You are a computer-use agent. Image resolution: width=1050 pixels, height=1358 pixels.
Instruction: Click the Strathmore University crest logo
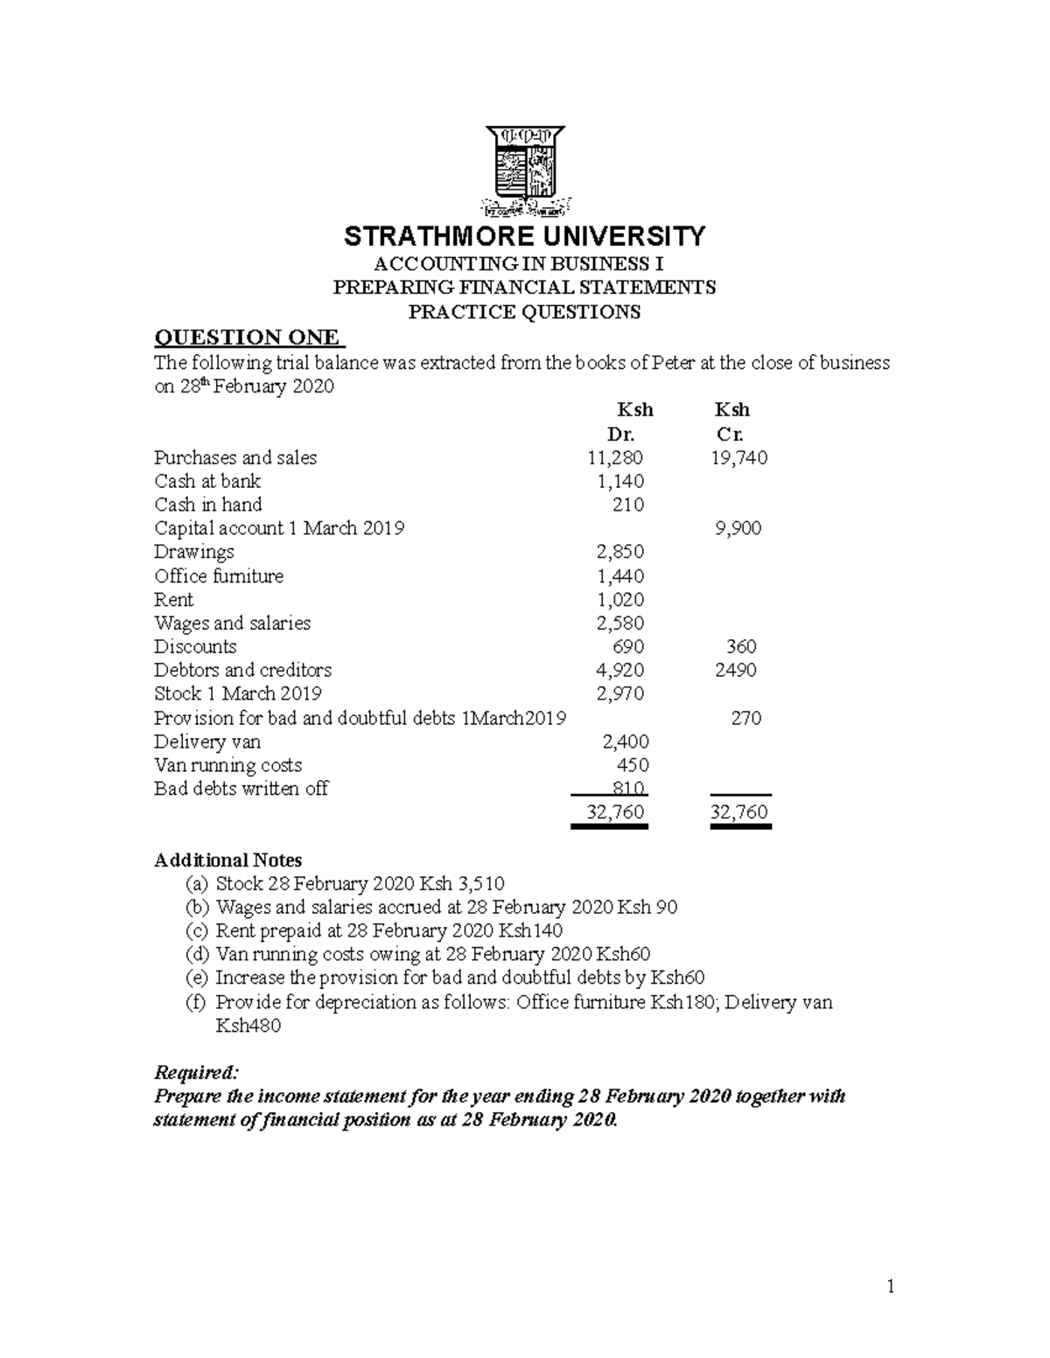click(525, 171)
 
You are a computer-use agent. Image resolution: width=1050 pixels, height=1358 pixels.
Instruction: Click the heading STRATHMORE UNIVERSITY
click(524, 236)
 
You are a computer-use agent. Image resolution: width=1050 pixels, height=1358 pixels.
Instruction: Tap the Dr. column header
click(620, 435)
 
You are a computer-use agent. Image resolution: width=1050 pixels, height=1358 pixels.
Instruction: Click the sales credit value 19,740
click(739, 457)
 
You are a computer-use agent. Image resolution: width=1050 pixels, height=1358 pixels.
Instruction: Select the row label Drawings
click(194, 553)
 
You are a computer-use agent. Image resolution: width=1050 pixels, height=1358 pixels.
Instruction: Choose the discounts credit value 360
click(741, 647)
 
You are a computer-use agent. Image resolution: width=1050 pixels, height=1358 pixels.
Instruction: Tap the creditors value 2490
click(735, 671)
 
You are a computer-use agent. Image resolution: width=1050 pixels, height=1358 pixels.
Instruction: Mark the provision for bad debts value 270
click(745, 719)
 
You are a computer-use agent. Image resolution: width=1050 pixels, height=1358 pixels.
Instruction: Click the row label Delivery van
click(202, 742)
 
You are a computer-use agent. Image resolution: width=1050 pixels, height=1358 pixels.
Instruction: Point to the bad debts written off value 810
click(629, 789)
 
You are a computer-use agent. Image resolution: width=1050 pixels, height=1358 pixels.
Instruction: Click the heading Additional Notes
click(228, 860)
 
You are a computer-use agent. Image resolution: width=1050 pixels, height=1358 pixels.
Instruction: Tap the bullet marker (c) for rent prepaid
click(196, 930)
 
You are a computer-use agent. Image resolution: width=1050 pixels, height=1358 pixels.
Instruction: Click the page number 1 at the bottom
click(891, 1286)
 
